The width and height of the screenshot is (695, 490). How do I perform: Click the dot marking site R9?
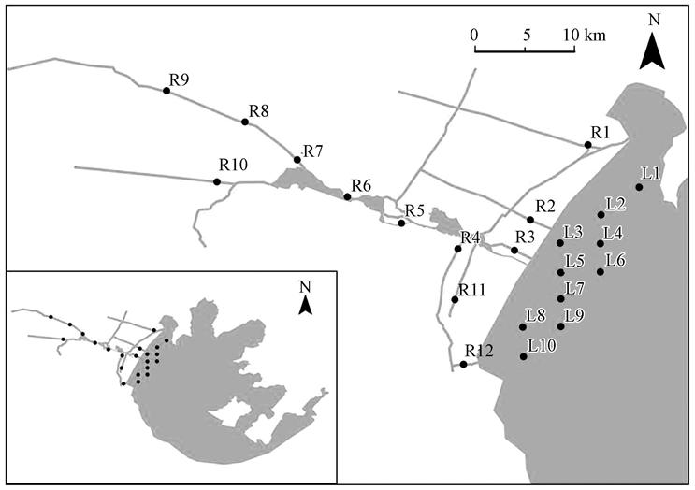167,91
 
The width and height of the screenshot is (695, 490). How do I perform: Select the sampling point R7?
297,160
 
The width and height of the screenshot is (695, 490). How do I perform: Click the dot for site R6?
347,196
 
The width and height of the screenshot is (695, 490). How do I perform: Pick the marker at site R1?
587,145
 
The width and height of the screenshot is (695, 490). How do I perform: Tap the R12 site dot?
463,365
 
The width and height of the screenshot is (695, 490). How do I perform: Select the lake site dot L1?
639,187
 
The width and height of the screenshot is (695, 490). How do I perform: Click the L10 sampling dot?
523,356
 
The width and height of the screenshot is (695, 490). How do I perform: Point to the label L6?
615,260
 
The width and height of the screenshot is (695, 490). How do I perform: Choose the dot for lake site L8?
522,327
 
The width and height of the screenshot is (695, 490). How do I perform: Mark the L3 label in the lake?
573,231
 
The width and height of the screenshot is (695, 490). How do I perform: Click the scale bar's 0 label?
475,35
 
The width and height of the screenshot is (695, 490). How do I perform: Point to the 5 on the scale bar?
528,35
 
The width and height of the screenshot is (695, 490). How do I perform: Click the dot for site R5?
401,223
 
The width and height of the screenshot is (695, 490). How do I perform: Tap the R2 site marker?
530,220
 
